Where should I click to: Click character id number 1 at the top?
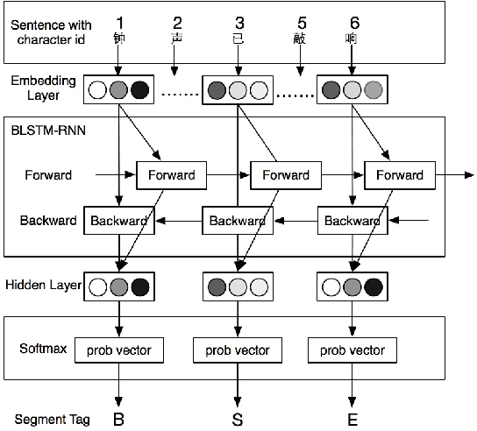(118, 22)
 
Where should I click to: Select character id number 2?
(176, 22)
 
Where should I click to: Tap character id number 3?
(237, 22)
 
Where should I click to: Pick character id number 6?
(353, 22)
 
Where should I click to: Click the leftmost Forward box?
(171, 175)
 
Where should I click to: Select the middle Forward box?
(285, 175)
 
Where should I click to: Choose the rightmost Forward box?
(399, 175)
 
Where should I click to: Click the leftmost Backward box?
(118, 221)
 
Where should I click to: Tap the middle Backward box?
(237, 221)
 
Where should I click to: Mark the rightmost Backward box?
(352, 221)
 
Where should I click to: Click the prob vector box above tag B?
(118, 350)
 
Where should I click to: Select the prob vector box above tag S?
(237, 350)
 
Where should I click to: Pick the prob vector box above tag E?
(352, 350)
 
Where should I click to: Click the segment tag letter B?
(118, 419)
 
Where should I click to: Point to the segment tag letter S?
(237, 419)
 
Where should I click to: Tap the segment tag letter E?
(352, 419)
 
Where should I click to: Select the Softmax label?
(40, 348)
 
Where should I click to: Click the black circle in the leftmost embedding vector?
(139, 88)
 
